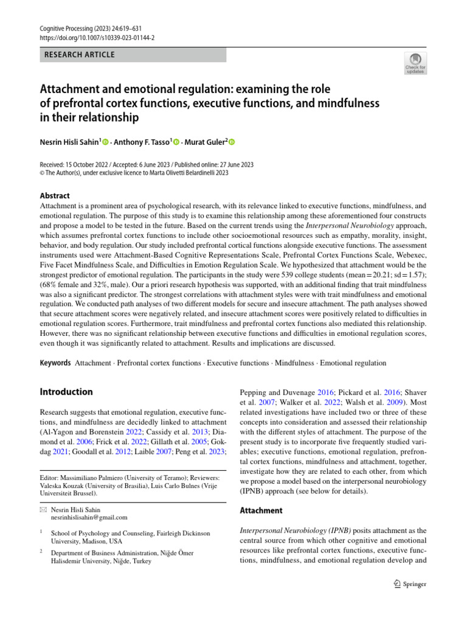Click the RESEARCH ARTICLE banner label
coord(80,55)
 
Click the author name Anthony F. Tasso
coord(145,142)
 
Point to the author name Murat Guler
coord(205,142)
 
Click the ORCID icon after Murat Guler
coord(231,142)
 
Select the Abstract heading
coord(55,196)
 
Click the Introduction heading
coord(66,392)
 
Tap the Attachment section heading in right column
coord(261,510)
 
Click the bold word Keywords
coord(55,363)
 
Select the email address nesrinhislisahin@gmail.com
coord(89,517)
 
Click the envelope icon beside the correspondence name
coord(43,509)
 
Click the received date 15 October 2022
coord(92,165)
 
